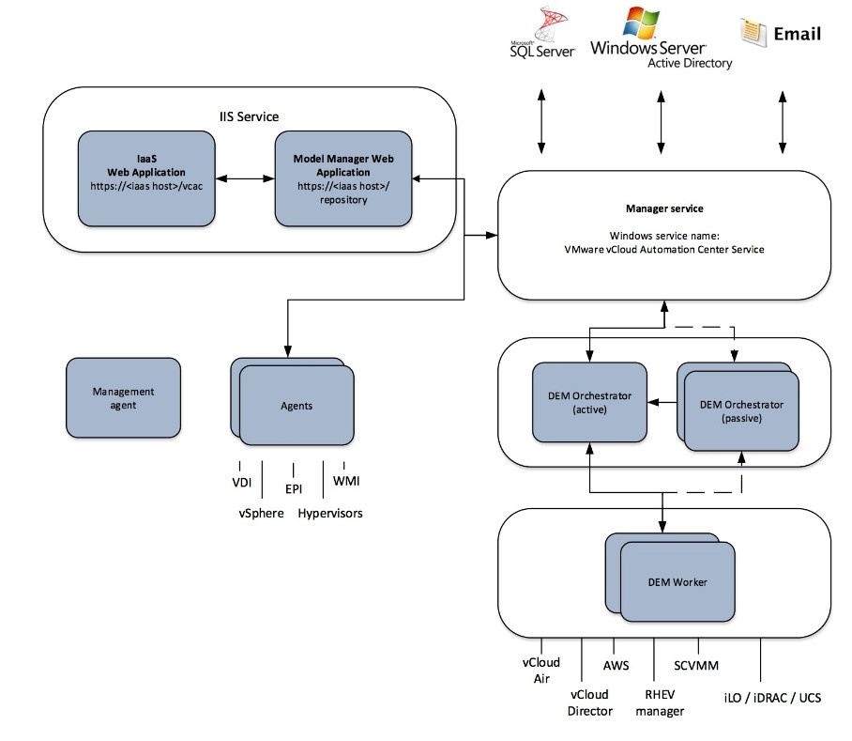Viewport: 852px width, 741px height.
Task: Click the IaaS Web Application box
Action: coord(145,178)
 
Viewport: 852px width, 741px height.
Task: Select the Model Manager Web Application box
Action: coord(342,178)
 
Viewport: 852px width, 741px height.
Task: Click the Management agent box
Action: coord(123,397)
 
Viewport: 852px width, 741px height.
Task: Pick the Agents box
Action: coord(297,406)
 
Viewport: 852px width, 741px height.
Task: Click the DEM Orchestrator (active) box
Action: coord(589,402)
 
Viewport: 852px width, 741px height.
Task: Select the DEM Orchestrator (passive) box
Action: coord(741,411)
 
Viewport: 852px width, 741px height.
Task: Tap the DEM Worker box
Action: coord(677,582)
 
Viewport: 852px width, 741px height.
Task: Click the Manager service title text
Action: coord(663,208)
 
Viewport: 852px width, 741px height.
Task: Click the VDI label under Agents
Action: coord(243,482)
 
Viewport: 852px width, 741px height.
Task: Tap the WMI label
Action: coord(346,482)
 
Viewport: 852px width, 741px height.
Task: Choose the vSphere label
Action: coord(261,513)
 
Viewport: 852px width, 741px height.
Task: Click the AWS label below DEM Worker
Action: coord(616,666)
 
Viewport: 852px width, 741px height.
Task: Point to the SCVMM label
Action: coord(695,666)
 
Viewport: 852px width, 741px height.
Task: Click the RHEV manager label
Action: coord(660,702)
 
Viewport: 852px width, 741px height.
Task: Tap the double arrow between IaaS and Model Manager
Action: coord(244,178)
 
